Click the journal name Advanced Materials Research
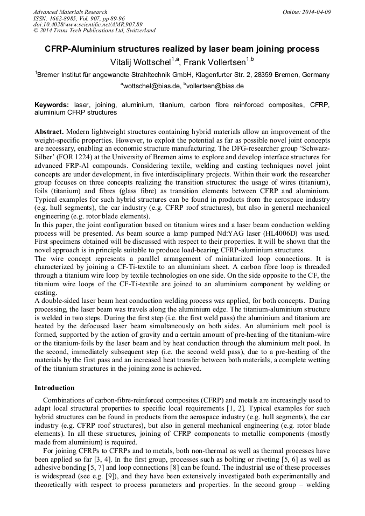pos(70,12)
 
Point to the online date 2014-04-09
pos(317,12)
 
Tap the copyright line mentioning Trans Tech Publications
pos(94,31)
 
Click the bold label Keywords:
pos(52,105)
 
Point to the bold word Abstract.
pos(49,132)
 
